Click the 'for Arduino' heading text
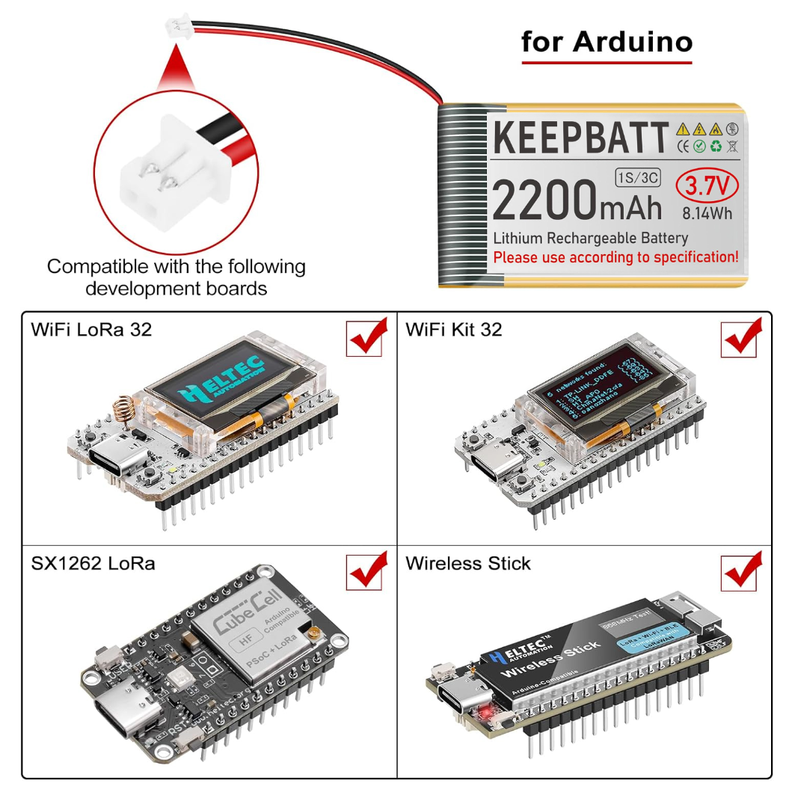pyautogui.click(x=607, y=41)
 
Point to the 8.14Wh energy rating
pyautogui.click(x=707, y=212)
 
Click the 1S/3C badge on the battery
pyautogui.click(x=637, y=178)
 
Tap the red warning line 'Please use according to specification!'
pyautogui.click(x=615, y=257)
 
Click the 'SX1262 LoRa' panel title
pyautogui.click(x=93, y=563)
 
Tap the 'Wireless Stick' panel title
pyautogui.click(x=468, y=563)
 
